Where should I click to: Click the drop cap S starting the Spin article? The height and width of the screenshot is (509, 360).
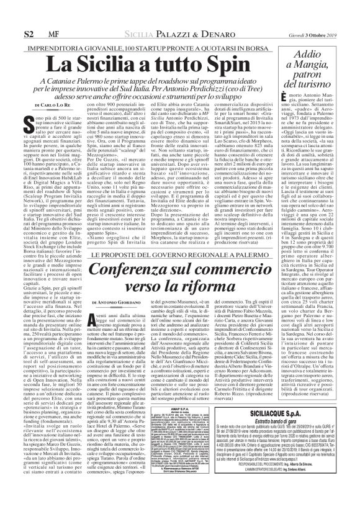pyautogui.click(x=29, y=124)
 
